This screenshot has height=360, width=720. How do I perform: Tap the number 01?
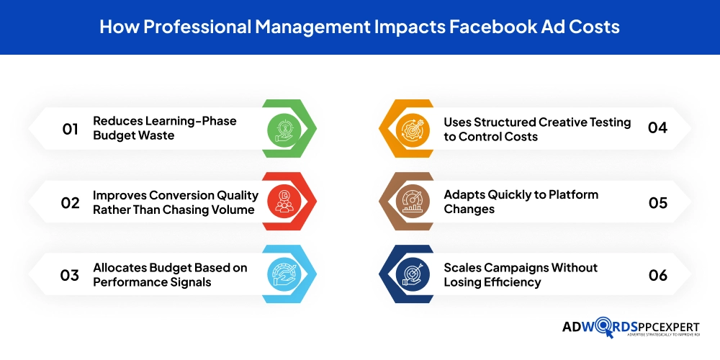tap(70, 129)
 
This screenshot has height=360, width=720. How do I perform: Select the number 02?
tap(70, 202)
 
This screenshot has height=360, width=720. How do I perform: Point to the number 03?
tap(70, 275)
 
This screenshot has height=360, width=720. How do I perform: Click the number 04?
tap(657, 128)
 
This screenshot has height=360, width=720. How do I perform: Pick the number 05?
tap(657, 202)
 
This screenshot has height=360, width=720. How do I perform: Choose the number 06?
tap(657, 275)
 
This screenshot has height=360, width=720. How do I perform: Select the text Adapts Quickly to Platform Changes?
tap(521, 202)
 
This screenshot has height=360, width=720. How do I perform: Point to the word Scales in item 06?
tap(462, 268)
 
